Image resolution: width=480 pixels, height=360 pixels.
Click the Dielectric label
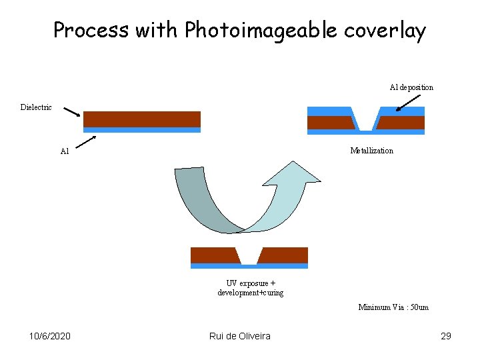click(36, 107)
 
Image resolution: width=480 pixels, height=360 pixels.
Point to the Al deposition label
click(411, 87)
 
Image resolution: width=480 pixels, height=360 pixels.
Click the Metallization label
click(371, 151)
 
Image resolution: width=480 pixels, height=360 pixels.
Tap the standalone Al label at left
click(65, 151)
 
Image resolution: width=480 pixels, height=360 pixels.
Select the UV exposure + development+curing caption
click(250, 288)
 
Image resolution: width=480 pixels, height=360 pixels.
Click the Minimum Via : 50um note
click(393, 307)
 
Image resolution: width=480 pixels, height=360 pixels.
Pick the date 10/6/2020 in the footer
click(51, 336)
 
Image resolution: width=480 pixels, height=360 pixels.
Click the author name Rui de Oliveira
click(239, 336)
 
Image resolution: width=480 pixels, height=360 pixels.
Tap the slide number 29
click(446, 336)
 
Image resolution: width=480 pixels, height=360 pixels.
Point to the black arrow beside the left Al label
click(85, 141)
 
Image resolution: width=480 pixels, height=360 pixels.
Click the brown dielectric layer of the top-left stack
click(141, 119)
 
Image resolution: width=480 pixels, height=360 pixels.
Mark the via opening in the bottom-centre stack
click(249, 257)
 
